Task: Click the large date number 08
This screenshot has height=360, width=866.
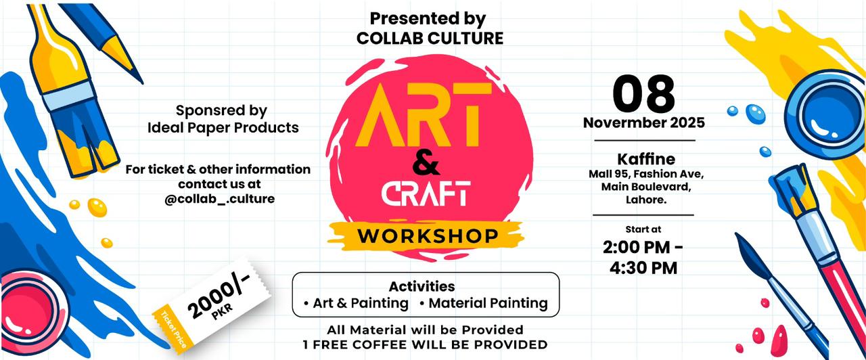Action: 643,94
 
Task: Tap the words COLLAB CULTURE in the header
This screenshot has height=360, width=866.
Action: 430,39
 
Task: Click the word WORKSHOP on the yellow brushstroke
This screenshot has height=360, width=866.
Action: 428,236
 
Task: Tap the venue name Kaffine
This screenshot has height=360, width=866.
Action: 645,159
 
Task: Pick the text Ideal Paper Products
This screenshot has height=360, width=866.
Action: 223,127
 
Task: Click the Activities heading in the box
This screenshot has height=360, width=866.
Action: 421,286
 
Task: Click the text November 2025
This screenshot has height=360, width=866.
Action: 643,123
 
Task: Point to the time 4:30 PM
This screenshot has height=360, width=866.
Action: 643,267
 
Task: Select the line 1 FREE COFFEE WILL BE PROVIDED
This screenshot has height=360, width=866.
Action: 425,344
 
